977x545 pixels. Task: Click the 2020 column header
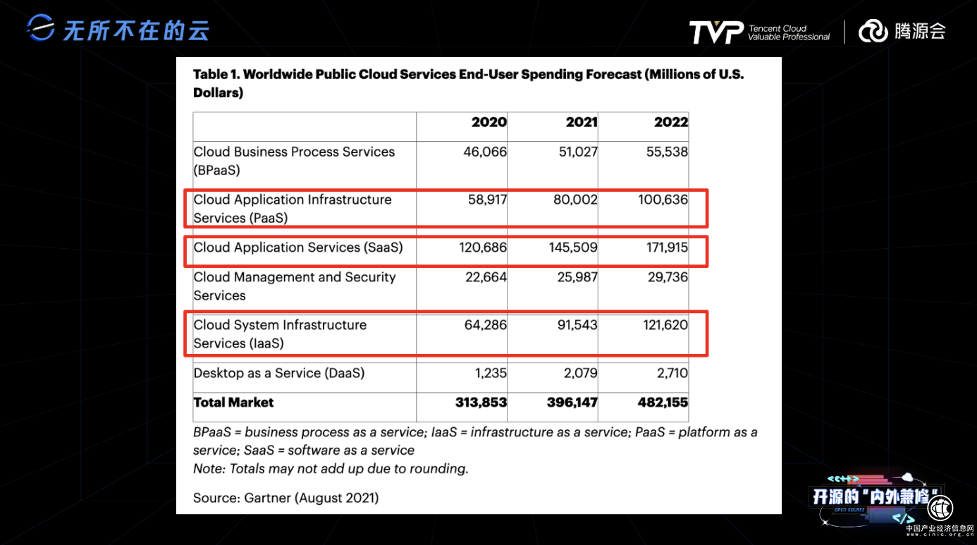pos(488,122)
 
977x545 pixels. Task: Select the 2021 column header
pos(582,122)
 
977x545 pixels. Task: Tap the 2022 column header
pos(670,122)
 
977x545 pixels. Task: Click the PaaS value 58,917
pos(487,200)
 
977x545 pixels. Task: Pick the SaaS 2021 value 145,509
pos(573,247)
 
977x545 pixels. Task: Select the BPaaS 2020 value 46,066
pos(485,152)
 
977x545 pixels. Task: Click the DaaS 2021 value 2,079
pos(581,373)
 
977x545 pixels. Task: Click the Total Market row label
pos(233,403)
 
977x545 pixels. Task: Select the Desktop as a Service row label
pos(279,373)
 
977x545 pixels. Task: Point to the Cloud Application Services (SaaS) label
pos(298,247)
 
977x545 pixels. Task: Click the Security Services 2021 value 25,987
pos(576,277)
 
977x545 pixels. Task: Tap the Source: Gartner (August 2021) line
pos(285,498)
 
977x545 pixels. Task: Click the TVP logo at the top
pos(715,32)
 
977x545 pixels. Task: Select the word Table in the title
pos(211,74)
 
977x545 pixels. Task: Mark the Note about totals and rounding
pos(331,468)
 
